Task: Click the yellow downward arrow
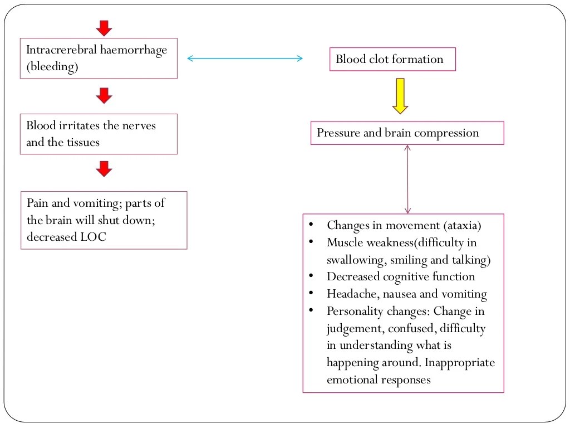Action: pyautogui.click(x=400, y=95)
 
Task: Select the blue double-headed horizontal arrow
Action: pyautogui.click(x=244, y=58)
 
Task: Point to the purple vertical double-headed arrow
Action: pyautogui.click(x=407, y=179)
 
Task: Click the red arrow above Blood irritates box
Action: pyautogui.click(x=104, y=95)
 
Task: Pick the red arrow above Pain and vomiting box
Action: pyautogui.click(x=104, y=169)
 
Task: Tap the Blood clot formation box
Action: pyautogui.click(x=392, y=59)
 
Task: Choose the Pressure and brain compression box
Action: pyautogui.click(x=407, y=133)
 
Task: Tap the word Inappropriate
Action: pyautogui.click(x=460, y=363)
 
